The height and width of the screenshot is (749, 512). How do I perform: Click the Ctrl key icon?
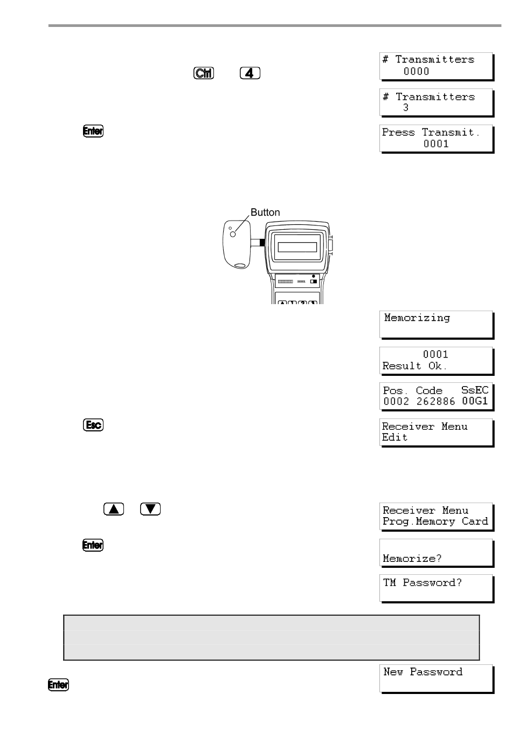click(x=204, y=73)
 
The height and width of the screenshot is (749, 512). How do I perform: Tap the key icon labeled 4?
click(x=250, y=73)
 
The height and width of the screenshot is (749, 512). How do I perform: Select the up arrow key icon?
click(x=114, y=509)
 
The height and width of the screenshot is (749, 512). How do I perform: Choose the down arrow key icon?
click(x=150, y=509)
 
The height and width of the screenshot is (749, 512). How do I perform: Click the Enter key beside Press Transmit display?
click(x=93, y=130)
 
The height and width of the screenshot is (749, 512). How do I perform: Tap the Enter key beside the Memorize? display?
click(x=93, y=545)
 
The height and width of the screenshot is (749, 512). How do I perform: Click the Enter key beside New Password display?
click(x=59, y=684)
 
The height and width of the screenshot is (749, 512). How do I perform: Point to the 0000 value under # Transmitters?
click(x=417, y=71)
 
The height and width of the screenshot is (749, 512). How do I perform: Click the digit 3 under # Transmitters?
click(x=406, y=108)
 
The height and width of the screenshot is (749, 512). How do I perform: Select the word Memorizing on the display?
click(x=417, y=318)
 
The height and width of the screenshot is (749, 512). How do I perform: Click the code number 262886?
click(x=435, y=401)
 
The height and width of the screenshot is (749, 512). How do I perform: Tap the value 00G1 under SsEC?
click(x=475, y=401)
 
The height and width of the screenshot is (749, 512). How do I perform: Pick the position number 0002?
click(x=396, y=401)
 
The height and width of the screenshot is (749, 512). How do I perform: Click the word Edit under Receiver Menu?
click(x=395, y=437)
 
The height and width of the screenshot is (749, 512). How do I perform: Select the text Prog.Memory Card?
click(x=435, y=521)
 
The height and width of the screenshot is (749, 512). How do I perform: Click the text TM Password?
click(x=423, y=583)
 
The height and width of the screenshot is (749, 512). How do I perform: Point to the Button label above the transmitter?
click(x=265, y=212)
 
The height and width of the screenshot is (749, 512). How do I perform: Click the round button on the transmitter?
click(x=233, y=235)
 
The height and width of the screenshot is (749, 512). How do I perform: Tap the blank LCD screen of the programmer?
click(x=297, y=247)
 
